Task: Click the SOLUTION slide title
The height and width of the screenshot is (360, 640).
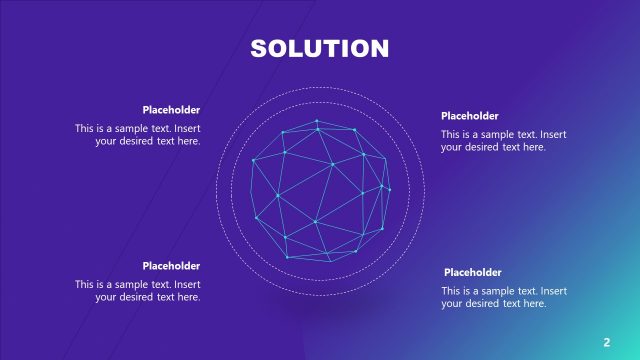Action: point(320,49)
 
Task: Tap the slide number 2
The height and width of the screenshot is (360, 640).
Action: point(607,342)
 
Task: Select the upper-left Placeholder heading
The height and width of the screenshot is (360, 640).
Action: point(171,110)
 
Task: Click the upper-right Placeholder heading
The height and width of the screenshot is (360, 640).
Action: point(469,116)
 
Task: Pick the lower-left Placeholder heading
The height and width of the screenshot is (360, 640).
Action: point(171,266)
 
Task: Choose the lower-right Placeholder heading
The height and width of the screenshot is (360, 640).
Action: point(472,272)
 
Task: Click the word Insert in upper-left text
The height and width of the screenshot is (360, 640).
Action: point(187,128)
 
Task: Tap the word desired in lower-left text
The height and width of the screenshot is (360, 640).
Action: point(136,297)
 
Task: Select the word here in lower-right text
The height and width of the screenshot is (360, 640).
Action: point(535,303)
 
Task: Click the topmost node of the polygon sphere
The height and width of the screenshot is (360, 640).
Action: point(316,121)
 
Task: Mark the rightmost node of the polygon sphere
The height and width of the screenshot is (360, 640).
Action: point(389,190)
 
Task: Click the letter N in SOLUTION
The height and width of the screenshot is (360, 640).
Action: point(379,49)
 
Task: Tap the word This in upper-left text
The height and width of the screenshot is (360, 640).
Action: point(84,128)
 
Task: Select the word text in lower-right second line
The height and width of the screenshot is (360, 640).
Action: point(512,303)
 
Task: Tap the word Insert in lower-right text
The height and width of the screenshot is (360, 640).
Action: point(554,291)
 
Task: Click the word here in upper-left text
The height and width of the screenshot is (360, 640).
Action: point(189,141)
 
